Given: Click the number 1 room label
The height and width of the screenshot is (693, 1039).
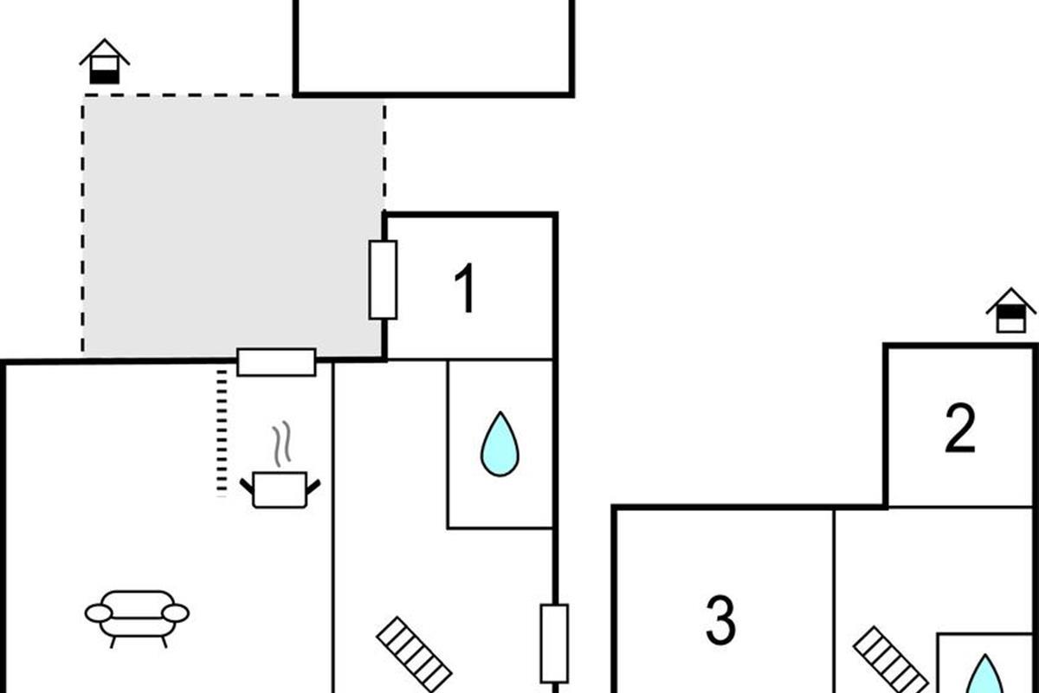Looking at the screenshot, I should (x=465, y=288).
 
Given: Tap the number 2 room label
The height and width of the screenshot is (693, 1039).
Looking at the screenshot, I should (x=959, y=428).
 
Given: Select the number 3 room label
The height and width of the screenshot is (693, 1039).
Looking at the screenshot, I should (x=720, y=619).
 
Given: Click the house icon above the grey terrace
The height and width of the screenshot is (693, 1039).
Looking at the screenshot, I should (x=105, y=62).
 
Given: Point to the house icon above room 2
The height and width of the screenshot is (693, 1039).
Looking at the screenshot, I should (x=1010, y=311).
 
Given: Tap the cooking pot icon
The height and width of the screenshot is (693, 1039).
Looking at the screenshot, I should (x=280, y=489).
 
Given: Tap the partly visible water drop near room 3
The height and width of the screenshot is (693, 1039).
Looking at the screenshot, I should (x=984, y=676).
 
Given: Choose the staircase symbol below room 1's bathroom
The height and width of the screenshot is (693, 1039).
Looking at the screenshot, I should (x=414, y=654).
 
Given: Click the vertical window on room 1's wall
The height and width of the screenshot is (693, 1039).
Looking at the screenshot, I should (x=383, y=280).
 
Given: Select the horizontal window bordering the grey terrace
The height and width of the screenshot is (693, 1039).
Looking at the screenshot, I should (x=276, y=362).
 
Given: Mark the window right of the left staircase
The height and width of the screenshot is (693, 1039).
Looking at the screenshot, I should (x=554, y=643).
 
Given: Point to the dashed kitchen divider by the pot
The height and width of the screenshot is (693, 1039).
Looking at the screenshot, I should (x=222, y=431).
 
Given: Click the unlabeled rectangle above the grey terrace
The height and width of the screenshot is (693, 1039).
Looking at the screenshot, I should (x=433, y=48).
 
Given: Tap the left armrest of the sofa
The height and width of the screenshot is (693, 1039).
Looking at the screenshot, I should (x=98, y=613).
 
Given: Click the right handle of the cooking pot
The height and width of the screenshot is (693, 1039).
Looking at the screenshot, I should (x=313, y=487).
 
